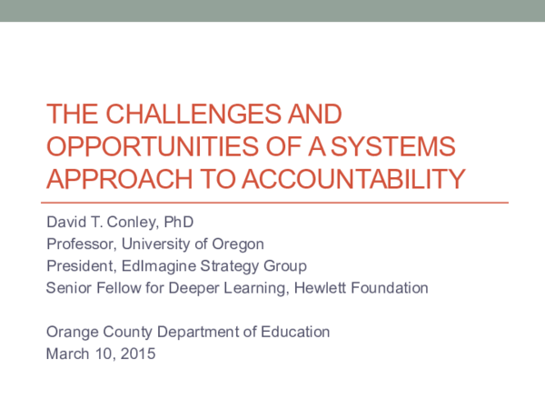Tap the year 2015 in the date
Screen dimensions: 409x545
tap(138, 354)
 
